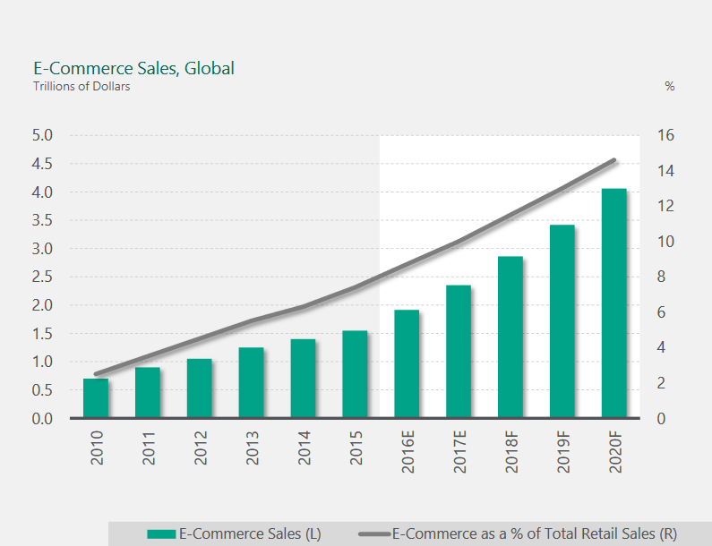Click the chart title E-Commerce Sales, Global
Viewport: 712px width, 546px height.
click(133, 68)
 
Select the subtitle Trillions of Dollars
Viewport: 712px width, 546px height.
click(81, 87)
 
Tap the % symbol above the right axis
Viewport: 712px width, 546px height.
click(669, 87)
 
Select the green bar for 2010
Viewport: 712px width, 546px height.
click(96, 398)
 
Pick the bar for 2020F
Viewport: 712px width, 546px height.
click(613, 303)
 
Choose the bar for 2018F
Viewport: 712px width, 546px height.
click(510, 337)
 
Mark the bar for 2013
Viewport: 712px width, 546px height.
click(251, 382)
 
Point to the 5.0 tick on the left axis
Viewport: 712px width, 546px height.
click(42, 136)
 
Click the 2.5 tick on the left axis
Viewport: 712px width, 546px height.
click(42, 277)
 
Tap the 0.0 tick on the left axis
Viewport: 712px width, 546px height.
click(42, 419)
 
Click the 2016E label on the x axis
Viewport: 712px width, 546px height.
click(407, 455)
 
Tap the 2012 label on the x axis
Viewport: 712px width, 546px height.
click(200, 448)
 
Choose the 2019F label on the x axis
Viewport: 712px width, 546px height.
click(562, 455)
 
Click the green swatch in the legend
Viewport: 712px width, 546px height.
click(162, 534)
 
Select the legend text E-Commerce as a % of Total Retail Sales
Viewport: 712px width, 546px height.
click(534, 534)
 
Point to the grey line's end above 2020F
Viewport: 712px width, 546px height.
click(614, 160)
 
